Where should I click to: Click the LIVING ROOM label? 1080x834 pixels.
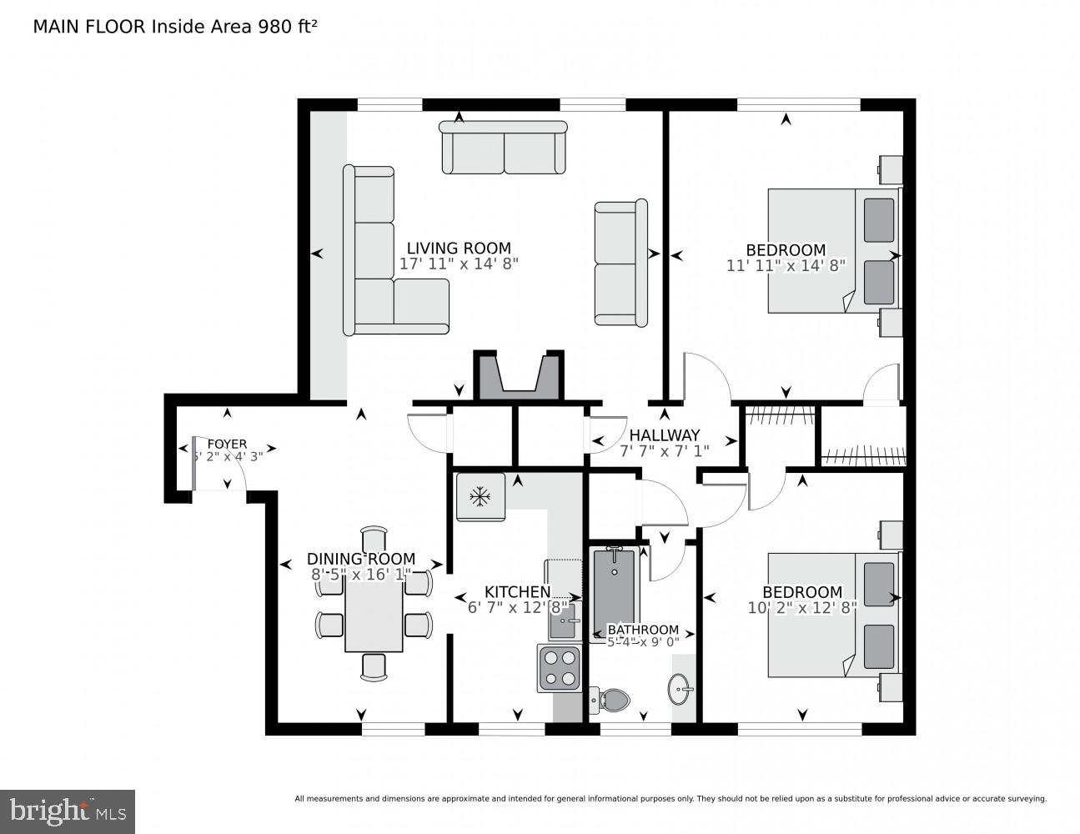click(459, 248)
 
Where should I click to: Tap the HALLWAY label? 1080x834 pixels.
click(664, 435)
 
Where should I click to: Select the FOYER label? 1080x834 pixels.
click(227, 444)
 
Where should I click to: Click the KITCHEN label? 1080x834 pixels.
click(517, 593)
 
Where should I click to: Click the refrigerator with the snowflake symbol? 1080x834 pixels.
click(480, 497)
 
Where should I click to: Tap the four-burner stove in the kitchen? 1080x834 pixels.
click(560, 668)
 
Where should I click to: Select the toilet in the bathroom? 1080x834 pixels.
click(612, 700)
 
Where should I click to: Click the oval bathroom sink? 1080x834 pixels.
click(681, 689)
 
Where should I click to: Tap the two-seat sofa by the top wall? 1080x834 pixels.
click(504, 148)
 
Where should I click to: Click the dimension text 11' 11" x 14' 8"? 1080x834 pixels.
click(786, 265)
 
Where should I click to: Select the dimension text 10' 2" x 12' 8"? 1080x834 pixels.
click(802, 608)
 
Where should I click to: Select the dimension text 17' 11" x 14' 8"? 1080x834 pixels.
click(459, 264)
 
